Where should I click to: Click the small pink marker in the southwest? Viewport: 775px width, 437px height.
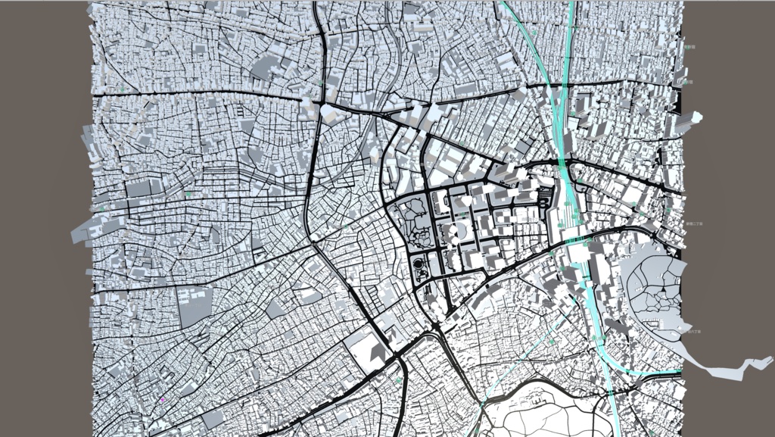(x=163, y=399)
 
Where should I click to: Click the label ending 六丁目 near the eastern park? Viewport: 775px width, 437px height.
(x=690, y=332)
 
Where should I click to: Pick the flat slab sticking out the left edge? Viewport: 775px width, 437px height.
(x=85, y=231)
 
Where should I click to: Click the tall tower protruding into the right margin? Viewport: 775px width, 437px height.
(x=695, y=118)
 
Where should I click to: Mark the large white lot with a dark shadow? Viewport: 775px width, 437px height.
(x=370, y=348)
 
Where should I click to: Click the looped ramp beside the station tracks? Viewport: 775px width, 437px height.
(x=546, y=198)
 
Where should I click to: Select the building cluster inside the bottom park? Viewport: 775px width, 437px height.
(x=538, y=394)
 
